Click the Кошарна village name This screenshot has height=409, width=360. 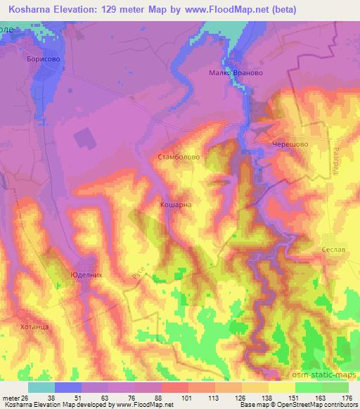176,205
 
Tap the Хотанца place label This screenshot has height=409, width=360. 34,327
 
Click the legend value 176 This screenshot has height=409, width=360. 346,398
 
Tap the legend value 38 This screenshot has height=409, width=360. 51,398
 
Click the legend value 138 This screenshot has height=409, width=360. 265,398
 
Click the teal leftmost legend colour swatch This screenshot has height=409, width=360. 41,387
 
